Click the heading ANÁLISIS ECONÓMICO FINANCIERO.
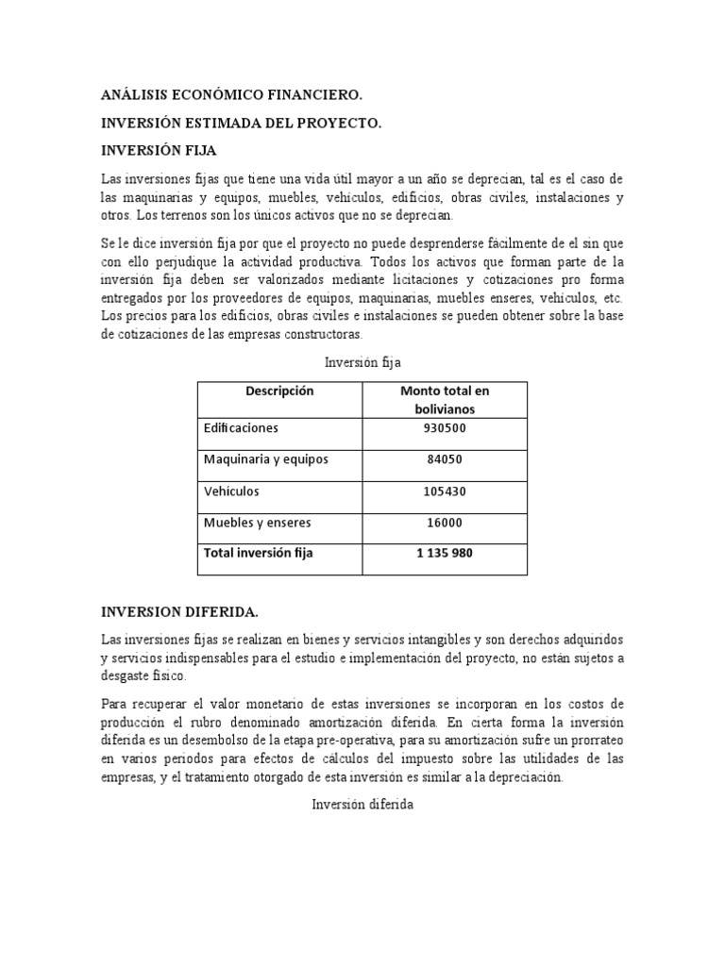[231, 95]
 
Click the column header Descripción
[279, 391]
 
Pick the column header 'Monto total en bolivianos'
[445, 400]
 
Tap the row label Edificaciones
[242, 428]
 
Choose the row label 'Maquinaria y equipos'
[266, 459]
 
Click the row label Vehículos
[231, 491]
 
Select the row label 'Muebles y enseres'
[257, 523]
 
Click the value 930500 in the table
[445, 428]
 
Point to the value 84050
[445, 459]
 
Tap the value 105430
[445, 491]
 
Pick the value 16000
[445, 523]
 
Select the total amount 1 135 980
[445, 553]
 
